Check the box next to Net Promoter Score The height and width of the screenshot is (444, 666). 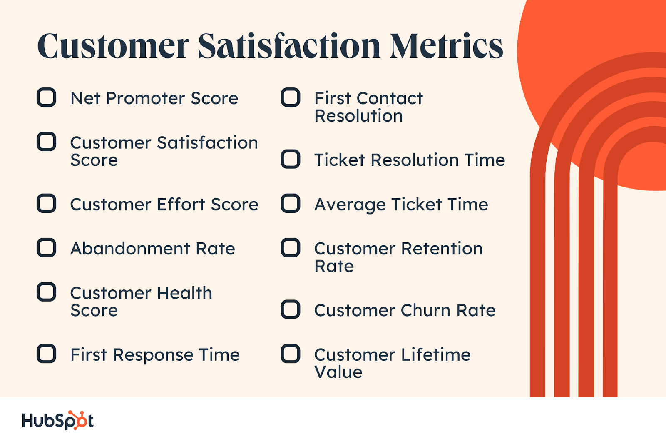(x=46, y=97)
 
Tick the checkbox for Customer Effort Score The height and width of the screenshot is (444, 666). (x=46, y=203)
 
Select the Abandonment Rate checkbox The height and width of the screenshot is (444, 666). (x=46, y=247)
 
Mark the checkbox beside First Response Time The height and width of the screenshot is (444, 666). (x=46, y=354)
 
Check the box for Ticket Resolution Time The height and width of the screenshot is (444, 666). (x=291, y=159)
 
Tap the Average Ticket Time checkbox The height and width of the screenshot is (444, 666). (x=291, y=203)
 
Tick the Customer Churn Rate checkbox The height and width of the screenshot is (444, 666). (x=291, y=309)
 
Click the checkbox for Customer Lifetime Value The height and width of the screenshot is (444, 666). (x=291, y=354)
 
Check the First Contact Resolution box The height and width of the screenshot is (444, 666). (x=291, y=97)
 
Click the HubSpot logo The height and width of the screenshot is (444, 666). (x=58, y=420)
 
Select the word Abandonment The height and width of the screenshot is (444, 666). (x=130, y=249)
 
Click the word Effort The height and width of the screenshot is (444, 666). (x=181, y=204)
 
